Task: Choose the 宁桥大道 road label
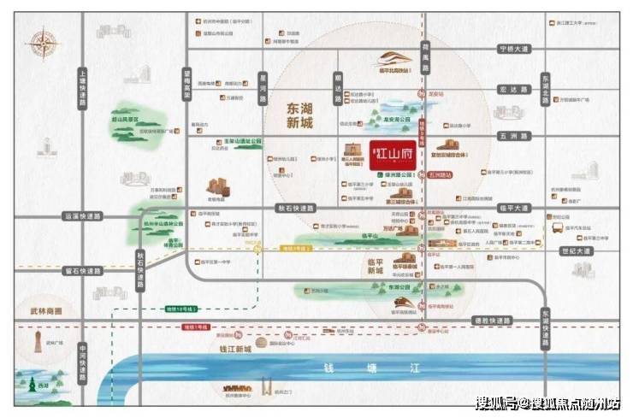pos(513,50)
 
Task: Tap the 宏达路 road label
pos(513,89)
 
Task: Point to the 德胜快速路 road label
pos(492,319)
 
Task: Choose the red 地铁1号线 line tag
pos(197,327)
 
